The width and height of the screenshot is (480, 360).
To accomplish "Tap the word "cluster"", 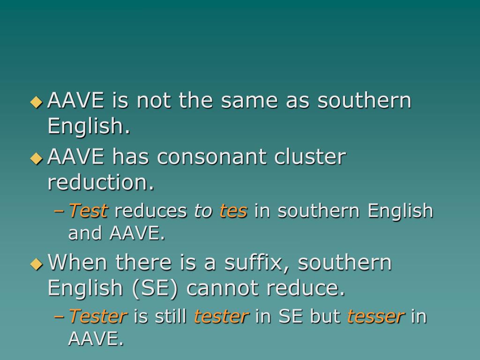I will (x=311, y=157).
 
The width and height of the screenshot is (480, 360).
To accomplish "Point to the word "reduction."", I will (x=101, y=183).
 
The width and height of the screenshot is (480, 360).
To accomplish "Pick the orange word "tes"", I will (x=233, y=211).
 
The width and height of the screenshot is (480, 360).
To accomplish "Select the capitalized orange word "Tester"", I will (x=98, y=316).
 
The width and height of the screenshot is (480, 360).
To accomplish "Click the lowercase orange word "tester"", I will (x=221, y=316).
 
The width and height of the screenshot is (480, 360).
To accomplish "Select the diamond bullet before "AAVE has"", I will (x=36, y=158).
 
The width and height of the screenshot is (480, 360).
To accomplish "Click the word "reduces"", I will (x=151, y=211).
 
